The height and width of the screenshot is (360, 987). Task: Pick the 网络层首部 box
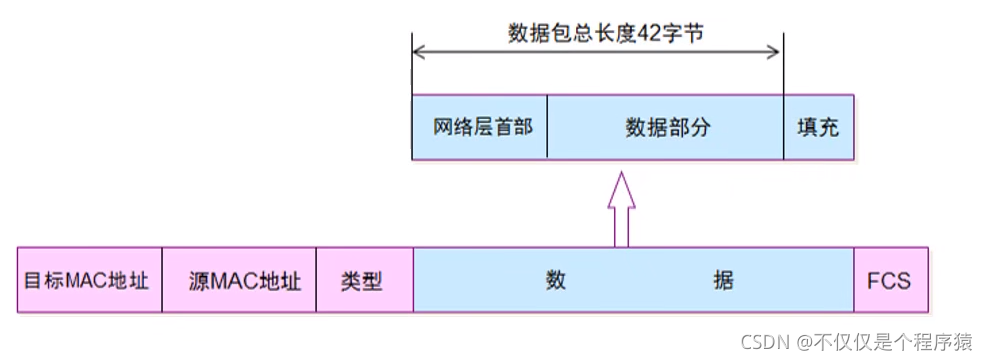(480, 128)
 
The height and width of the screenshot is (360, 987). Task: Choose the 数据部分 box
(666, 128)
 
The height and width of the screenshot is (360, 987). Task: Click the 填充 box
(818, 128)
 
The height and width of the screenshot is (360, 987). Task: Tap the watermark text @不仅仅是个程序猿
(886, 341)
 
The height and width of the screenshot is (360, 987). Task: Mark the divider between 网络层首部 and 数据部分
(548, 128)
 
